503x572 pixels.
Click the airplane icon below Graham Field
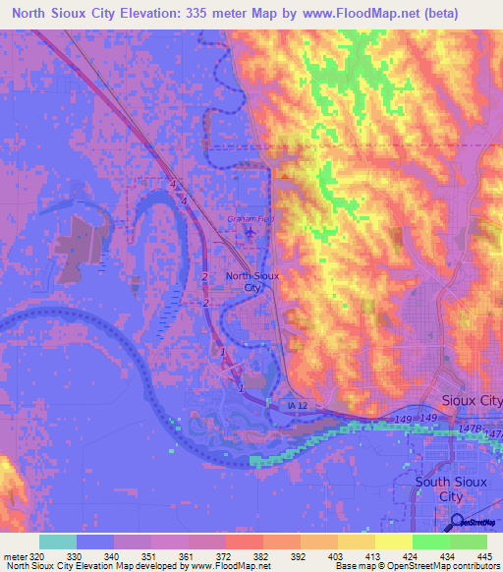(x=249, y=233)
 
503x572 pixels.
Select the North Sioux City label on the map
(x=253, y=282)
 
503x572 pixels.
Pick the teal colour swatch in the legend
(x=57, y=541)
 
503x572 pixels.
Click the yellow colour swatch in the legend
(x=392, y=541)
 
